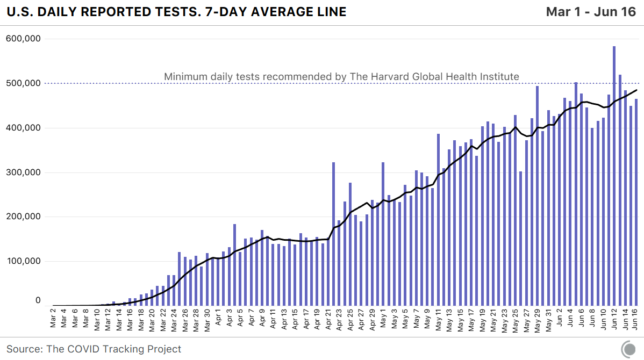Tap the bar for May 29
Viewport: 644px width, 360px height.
click(x=537, y=196)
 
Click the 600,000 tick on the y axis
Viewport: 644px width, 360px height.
click(x=24, y=39)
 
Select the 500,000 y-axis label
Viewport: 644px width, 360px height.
click(x=24, y=83)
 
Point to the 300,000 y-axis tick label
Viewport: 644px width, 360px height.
click(x=24, y=172)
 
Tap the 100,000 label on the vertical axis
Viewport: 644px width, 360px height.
click(x=24, y=262)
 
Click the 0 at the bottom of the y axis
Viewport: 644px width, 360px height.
click(x=38, y=301)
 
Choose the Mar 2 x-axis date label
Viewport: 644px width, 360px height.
click(x=54, y=318)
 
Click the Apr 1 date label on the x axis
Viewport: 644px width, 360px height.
click(x=218, y=318)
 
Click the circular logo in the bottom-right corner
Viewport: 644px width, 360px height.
click(x=628, y=349)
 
